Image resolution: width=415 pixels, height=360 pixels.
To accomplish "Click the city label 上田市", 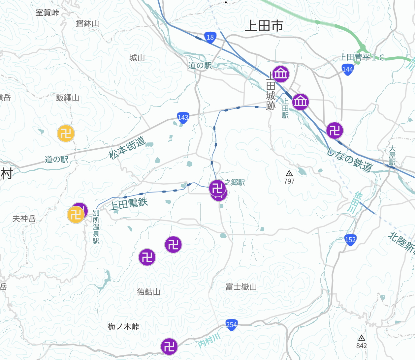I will click(264, 26).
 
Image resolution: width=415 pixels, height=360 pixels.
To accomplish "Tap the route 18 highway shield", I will click(210, 37).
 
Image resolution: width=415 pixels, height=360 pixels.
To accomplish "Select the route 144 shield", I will click(348, 69).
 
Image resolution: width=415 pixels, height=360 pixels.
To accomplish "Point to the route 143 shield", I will click(183, 118).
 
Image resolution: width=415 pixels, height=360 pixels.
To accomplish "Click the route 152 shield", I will click(350, 240).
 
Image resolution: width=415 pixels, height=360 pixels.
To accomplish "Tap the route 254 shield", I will click(231, 325).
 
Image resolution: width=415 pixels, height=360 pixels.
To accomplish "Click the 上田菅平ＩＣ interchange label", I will click(362, 58).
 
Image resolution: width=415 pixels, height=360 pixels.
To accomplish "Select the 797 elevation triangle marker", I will click(289, 173).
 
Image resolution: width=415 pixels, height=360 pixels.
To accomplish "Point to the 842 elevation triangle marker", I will click(362, 338).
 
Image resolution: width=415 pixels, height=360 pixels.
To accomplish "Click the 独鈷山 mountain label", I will click(148, 292).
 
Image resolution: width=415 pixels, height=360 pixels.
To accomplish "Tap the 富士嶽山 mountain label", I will click(241, 287).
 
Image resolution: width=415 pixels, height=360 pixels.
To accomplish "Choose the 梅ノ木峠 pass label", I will click(123, 327).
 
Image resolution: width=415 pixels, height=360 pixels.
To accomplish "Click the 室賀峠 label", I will click(47, 13).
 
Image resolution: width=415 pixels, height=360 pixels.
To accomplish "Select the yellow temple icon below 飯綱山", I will click(66, 134).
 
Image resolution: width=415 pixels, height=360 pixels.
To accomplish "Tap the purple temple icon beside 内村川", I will click(169, 346).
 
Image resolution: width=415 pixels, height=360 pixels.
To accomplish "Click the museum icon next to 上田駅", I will click(301, 101).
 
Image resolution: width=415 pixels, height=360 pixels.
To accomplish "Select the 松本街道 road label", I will click(127, 148).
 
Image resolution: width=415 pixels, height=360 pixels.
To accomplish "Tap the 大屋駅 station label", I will click(392, 156).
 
